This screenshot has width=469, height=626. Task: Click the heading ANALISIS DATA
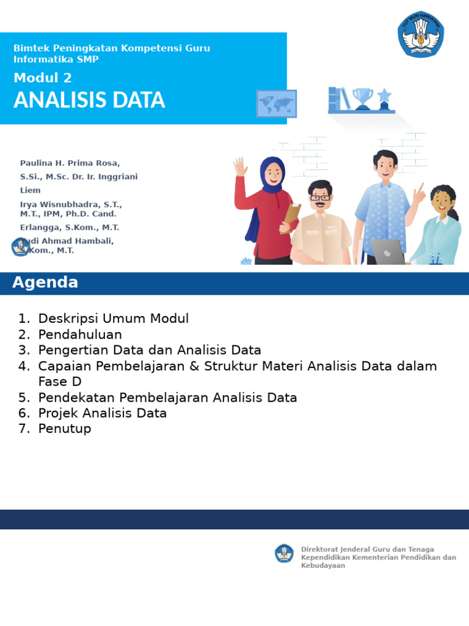point(89,100)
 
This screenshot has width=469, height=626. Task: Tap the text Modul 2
point(43,78)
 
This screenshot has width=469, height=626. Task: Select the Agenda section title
point(45,282)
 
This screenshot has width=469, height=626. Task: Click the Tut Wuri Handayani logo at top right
point(421,34)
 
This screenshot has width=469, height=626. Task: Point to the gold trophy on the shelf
point(363,98)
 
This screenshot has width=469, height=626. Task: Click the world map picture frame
point(277,103)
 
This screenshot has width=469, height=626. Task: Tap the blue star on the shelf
point(384,97)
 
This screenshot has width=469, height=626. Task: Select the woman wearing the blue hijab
point(269,208)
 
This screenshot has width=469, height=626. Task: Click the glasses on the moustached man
point(320,197)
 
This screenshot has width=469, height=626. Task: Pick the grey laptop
point(387,251)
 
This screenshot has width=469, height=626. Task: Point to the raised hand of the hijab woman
point(241,166)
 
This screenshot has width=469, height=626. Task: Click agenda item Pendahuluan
point(80,334)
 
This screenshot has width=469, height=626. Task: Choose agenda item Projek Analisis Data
point(102,413)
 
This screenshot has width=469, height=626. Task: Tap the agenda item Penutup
point(64,429)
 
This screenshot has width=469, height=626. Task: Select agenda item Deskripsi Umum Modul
point(113,319)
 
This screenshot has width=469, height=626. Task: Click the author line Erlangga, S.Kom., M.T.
point(69,227)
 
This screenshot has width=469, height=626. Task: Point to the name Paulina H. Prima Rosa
point(70,163)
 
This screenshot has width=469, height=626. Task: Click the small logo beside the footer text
point(284,553)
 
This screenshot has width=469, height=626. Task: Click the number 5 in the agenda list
point(23,397)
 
